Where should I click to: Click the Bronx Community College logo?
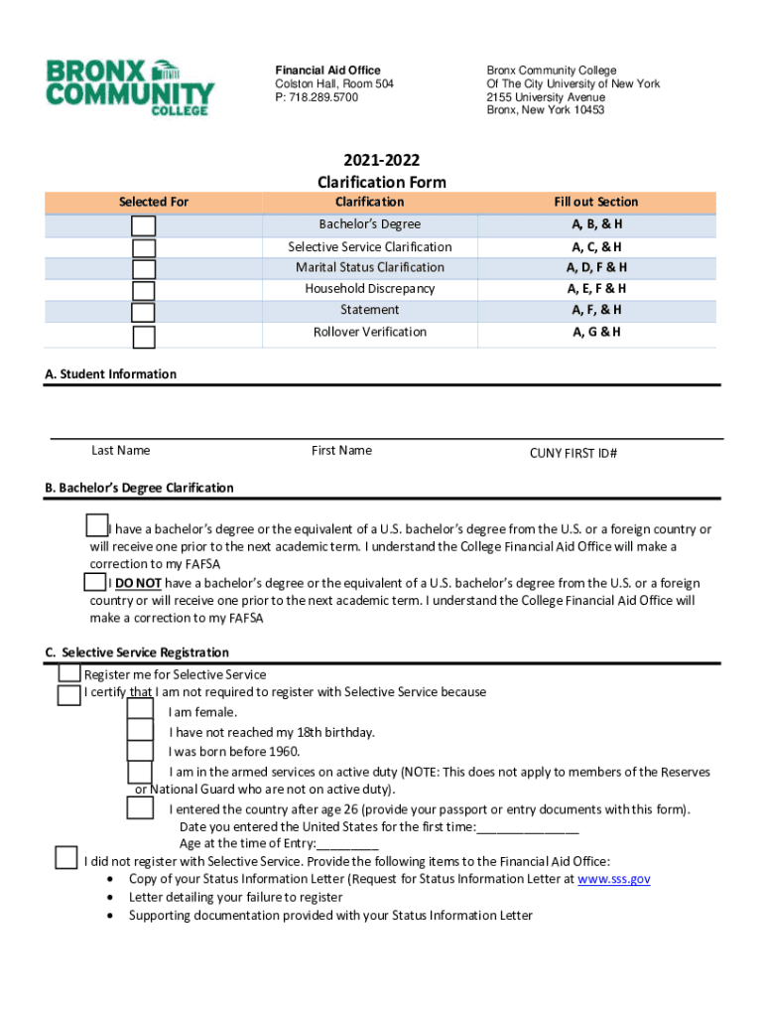129,87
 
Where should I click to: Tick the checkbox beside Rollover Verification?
144,337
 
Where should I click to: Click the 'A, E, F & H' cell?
595,289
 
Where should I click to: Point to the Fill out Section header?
595,202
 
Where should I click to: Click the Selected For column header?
154,202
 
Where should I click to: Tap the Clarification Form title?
381,182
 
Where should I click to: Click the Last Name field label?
121,451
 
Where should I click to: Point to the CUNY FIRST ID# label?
573,453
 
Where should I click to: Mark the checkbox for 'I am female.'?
140,709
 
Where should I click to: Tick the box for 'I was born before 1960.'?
140,751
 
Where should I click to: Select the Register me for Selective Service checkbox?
69,673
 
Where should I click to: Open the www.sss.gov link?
613,879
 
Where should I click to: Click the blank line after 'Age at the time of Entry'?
346,844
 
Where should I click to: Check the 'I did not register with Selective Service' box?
66,857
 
